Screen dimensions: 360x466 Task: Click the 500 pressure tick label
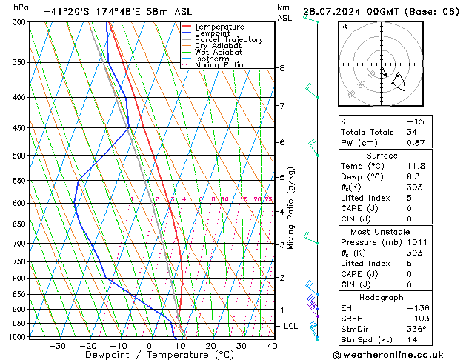click(x=20, y=156)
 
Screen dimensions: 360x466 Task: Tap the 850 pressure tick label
click(x=20, y=295)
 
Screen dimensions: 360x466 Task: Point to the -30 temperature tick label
click(x=57, y=345)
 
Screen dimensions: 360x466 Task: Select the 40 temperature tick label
click(x=272, y=345)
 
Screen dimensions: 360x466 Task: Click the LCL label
click(x=291, y=326)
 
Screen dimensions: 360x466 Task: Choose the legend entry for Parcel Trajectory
click(x=228, y=40)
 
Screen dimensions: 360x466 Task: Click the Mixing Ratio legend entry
click(x=219, y=65)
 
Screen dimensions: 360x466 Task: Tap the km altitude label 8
click(x=282, y=68)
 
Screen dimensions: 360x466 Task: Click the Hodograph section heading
click(x=382, y=297)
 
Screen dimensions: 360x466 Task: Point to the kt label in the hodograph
click(x=344, y=27)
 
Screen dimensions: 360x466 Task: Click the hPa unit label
click(x=21, y=7)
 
